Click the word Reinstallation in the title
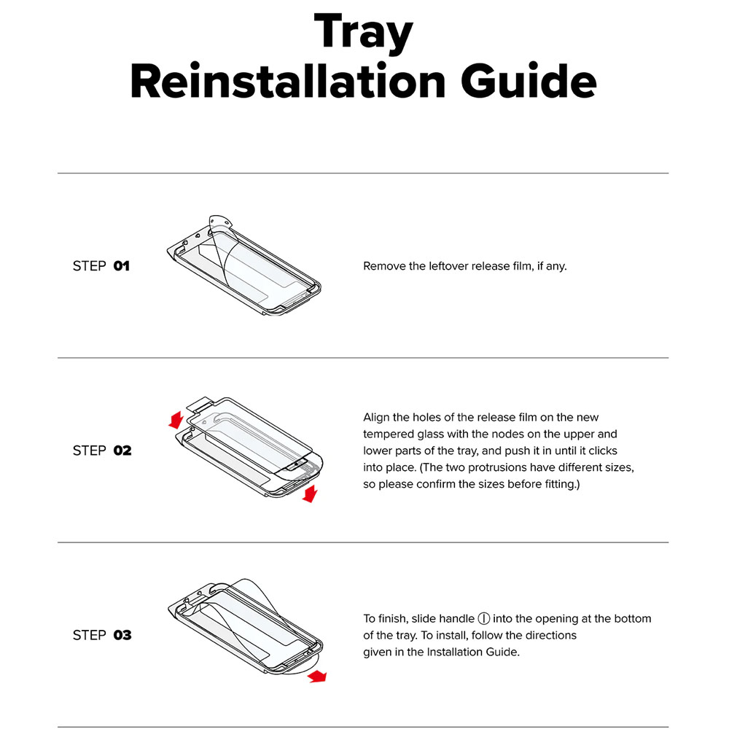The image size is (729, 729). pyautogui.click(x=288, y=81)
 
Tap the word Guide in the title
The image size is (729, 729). pyautogui.click(x=529, y=81)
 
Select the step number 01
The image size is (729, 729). pyautogui.click(x=121, y=266)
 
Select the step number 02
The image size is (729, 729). pyautogui.click(x=122, y=451)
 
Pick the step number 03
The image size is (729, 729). pyautogui.click(x=122, y=635)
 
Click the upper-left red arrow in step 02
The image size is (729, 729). pyautogui.click(x=176, y=420)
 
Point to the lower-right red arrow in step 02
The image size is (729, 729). pyautogui.click(x=310, y=494)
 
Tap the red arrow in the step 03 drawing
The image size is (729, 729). pyautogui.click(x=317, y=677)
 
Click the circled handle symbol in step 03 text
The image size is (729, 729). pyautogui.click(x=483, y=619)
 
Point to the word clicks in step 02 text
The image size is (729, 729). pyautogui.click(x=603, y=451)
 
